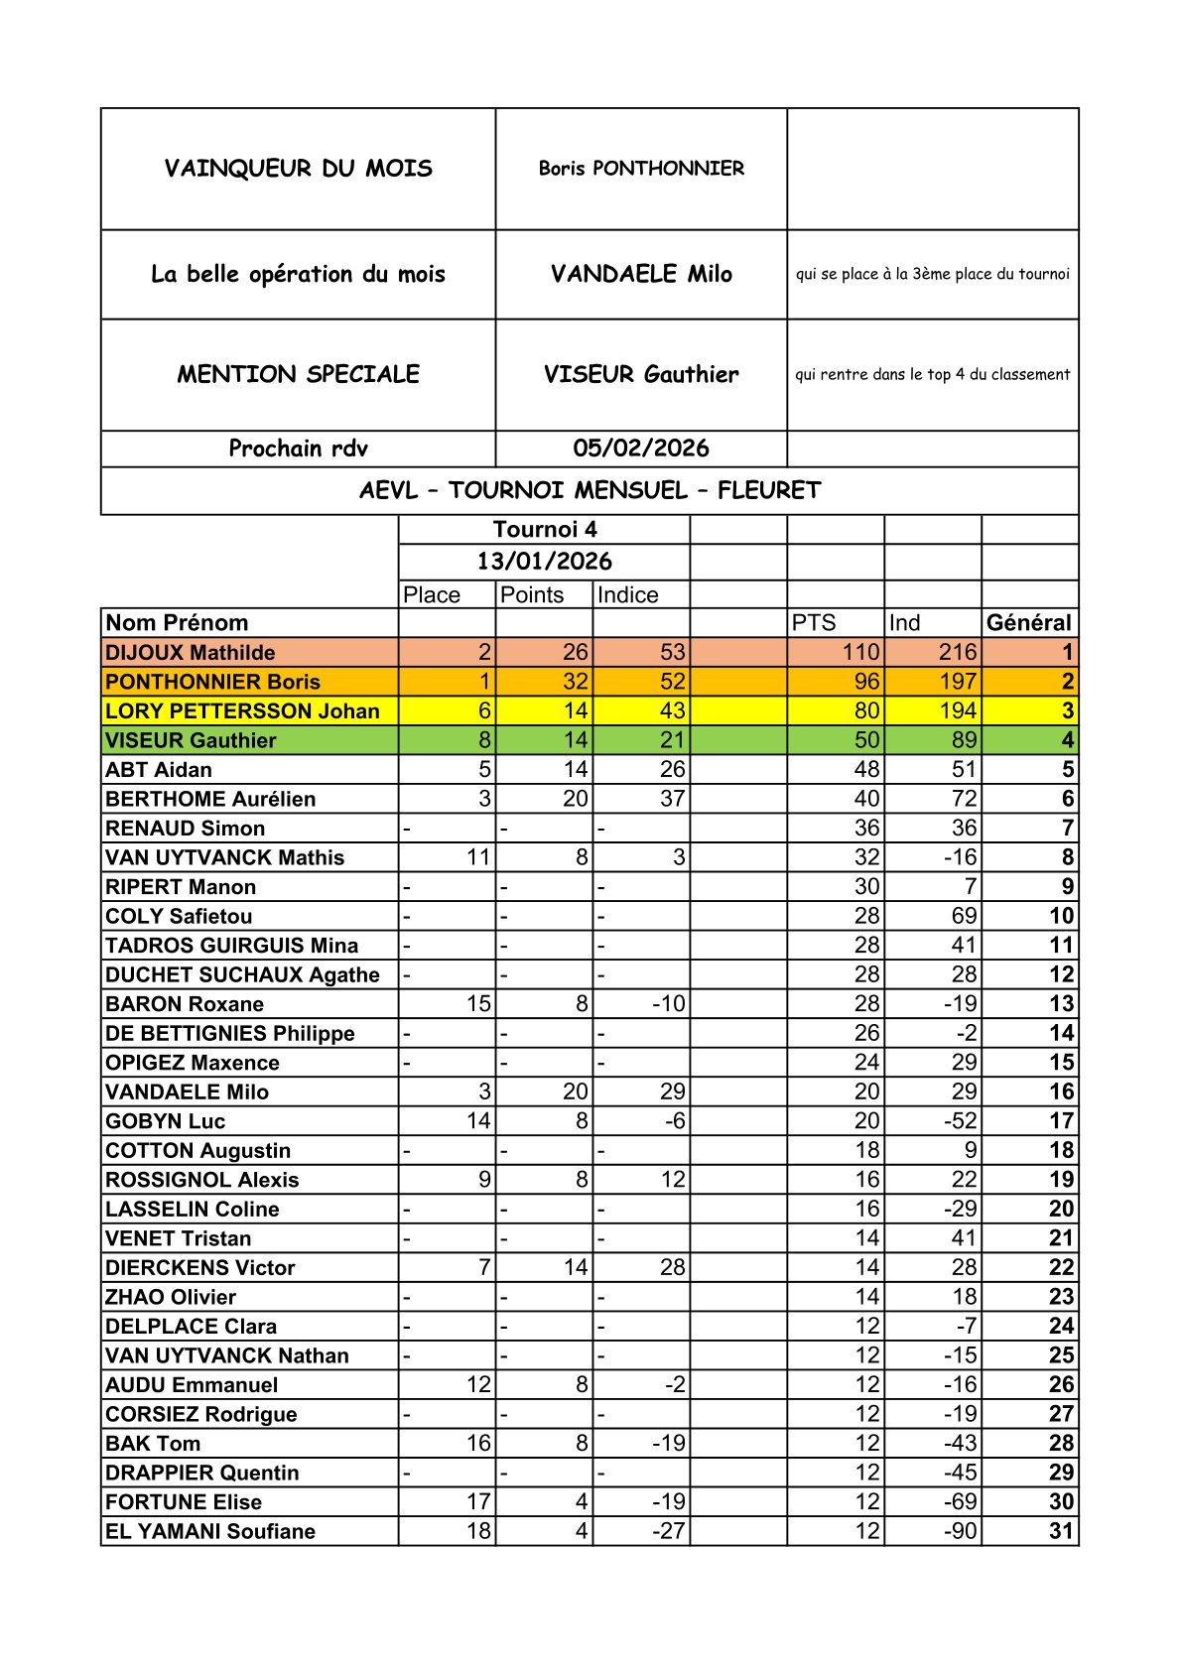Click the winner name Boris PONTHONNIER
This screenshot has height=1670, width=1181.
pos(641,169)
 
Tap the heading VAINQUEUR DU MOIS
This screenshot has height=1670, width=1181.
pos(298,169)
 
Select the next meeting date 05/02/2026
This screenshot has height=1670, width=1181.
pos(641,449)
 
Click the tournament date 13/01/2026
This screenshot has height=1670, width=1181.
pos(544,562)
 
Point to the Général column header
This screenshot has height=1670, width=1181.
pos(1029,623)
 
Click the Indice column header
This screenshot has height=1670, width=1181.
pos(628,595)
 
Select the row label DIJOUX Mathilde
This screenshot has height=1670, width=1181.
pos(191,653)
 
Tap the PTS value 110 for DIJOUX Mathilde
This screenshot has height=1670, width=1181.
pos(860,653)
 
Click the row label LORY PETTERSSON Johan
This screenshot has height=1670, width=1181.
pos(242,711)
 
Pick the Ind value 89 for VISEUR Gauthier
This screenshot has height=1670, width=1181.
pos(964,740)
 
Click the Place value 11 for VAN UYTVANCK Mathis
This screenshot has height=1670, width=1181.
pos(478,857)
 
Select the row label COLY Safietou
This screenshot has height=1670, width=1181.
pos(179,916)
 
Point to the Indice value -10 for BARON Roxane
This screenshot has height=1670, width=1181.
pos(669,1004)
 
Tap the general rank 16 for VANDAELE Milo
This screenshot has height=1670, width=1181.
pos(1061,1092)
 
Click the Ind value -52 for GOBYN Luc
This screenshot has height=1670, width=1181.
pos(960,1121)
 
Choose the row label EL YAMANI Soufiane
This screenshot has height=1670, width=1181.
pos(210,1531)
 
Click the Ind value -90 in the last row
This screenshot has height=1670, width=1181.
pos(960,1531)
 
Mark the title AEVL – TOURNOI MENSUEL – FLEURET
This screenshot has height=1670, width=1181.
pos(590,491)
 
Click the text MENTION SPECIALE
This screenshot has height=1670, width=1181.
pos(298,375)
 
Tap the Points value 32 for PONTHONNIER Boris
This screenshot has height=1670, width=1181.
pos(575,682)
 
